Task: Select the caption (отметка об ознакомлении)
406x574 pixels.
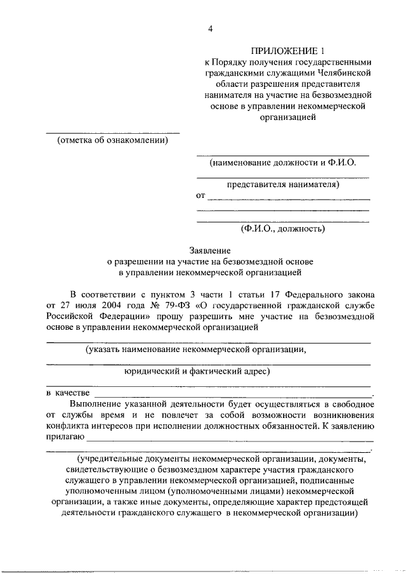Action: (112, 141)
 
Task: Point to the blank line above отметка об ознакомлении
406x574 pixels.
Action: (112, 133)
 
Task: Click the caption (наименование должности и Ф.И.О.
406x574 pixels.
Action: (283, 162)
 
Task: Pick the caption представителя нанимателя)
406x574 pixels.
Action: (284, 185)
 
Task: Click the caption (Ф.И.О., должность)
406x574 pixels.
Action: (283, 228)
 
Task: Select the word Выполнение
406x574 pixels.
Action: (95, 404)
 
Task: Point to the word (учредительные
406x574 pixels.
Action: (112, 459)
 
